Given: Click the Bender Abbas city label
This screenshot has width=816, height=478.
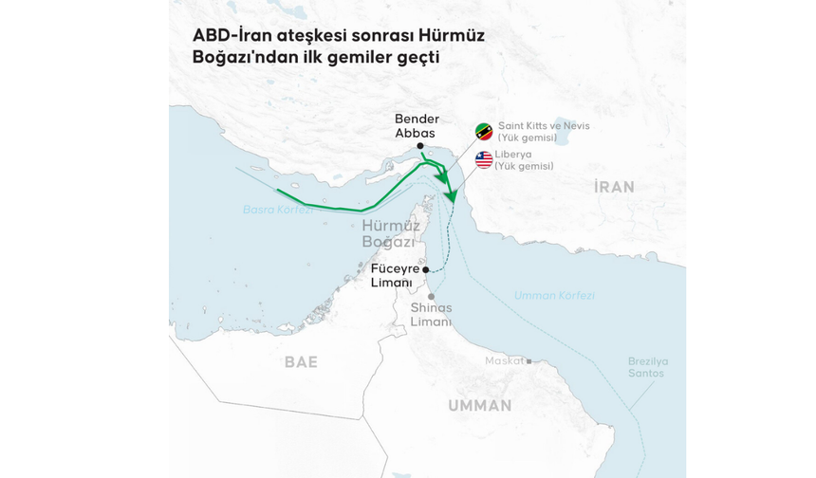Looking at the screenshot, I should tap(417, 126).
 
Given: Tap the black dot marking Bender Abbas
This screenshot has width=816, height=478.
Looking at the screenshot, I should tap(433, 145).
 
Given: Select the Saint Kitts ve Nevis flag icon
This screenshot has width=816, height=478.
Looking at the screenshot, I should tap(484, 132).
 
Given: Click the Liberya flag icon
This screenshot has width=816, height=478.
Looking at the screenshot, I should tap(484, 159).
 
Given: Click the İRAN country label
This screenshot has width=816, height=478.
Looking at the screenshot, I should tap(614, 187).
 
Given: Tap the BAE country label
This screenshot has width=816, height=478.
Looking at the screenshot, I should tap(301, 361).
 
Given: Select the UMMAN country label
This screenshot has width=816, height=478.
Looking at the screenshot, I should tap(479, 405).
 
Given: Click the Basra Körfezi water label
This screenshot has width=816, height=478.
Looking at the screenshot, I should tap(277, 210).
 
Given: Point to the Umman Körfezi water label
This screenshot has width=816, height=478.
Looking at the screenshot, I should tap(554, 295).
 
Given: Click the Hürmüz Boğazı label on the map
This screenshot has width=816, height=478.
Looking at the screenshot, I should tap(388, 233).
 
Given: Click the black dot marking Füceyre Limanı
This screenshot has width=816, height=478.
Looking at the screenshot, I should tap(426, 269).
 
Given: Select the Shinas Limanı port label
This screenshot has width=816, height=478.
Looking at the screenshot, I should tap(431, 314).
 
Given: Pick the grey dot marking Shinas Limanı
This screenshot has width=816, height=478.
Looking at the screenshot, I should tap(431, 297).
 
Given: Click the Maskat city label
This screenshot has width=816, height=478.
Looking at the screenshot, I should tap(504, 360).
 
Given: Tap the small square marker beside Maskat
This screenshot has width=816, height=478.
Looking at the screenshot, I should tap(529, 360).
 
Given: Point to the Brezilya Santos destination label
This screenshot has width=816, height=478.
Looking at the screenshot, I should tap(648, 367).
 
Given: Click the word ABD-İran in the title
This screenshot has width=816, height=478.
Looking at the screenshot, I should tap(229, 36).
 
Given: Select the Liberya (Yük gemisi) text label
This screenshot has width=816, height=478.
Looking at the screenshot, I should tap(524, 159).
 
